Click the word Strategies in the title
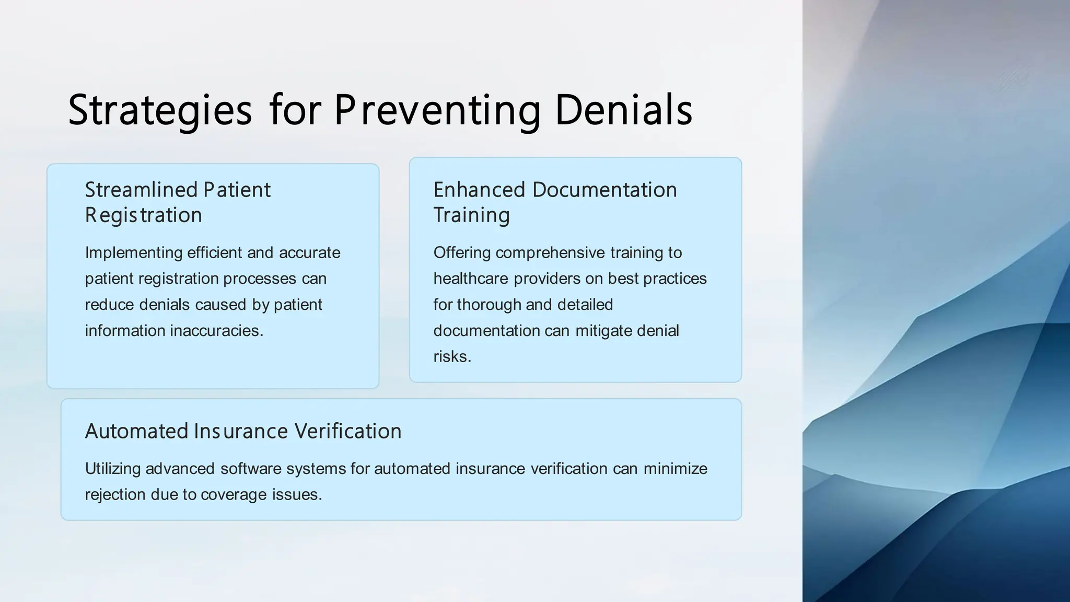(x=160, y=110)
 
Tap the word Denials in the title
(x=623, y=110)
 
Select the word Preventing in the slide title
(x=437, y=110)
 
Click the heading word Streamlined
(x=141, y=190)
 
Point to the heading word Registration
(x=144, y=215)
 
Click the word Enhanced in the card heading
(x=479, y=190)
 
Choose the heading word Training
(x=471, y=215)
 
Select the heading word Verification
(x=348, y=431)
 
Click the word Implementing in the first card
(x=133, y=253)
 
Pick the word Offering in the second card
(x=462, y=253)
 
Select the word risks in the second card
(x=452, y=357)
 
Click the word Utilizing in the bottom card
(x=112, y=469)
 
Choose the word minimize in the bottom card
(x=675, y=469)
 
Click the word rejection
(x=115, y=495)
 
